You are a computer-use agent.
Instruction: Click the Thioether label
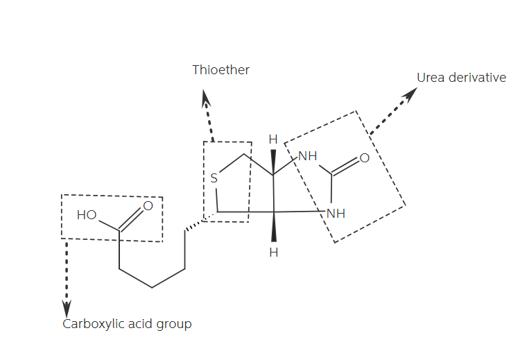[220, 69]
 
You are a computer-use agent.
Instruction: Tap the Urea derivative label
[461, 78]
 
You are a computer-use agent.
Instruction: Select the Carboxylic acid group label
[127, 324]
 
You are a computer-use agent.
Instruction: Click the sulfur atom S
[214, 178]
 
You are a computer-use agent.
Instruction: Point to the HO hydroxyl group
[87, 215]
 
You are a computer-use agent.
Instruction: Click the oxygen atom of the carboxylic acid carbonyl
[148, 205]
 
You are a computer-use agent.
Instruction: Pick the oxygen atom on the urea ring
[365, 158]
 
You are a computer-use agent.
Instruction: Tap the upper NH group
[307, 156]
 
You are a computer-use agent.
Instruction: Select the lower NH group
[336, 214]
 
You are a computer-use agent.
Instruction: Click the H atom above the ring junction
[273, 139]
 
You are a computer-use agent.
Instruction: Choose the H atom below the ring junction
[274, 252]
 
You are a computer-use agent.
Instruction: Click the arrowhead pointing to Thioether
[206, 101]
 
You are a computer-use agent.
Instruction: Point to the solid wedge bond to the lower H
[274, 228]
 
